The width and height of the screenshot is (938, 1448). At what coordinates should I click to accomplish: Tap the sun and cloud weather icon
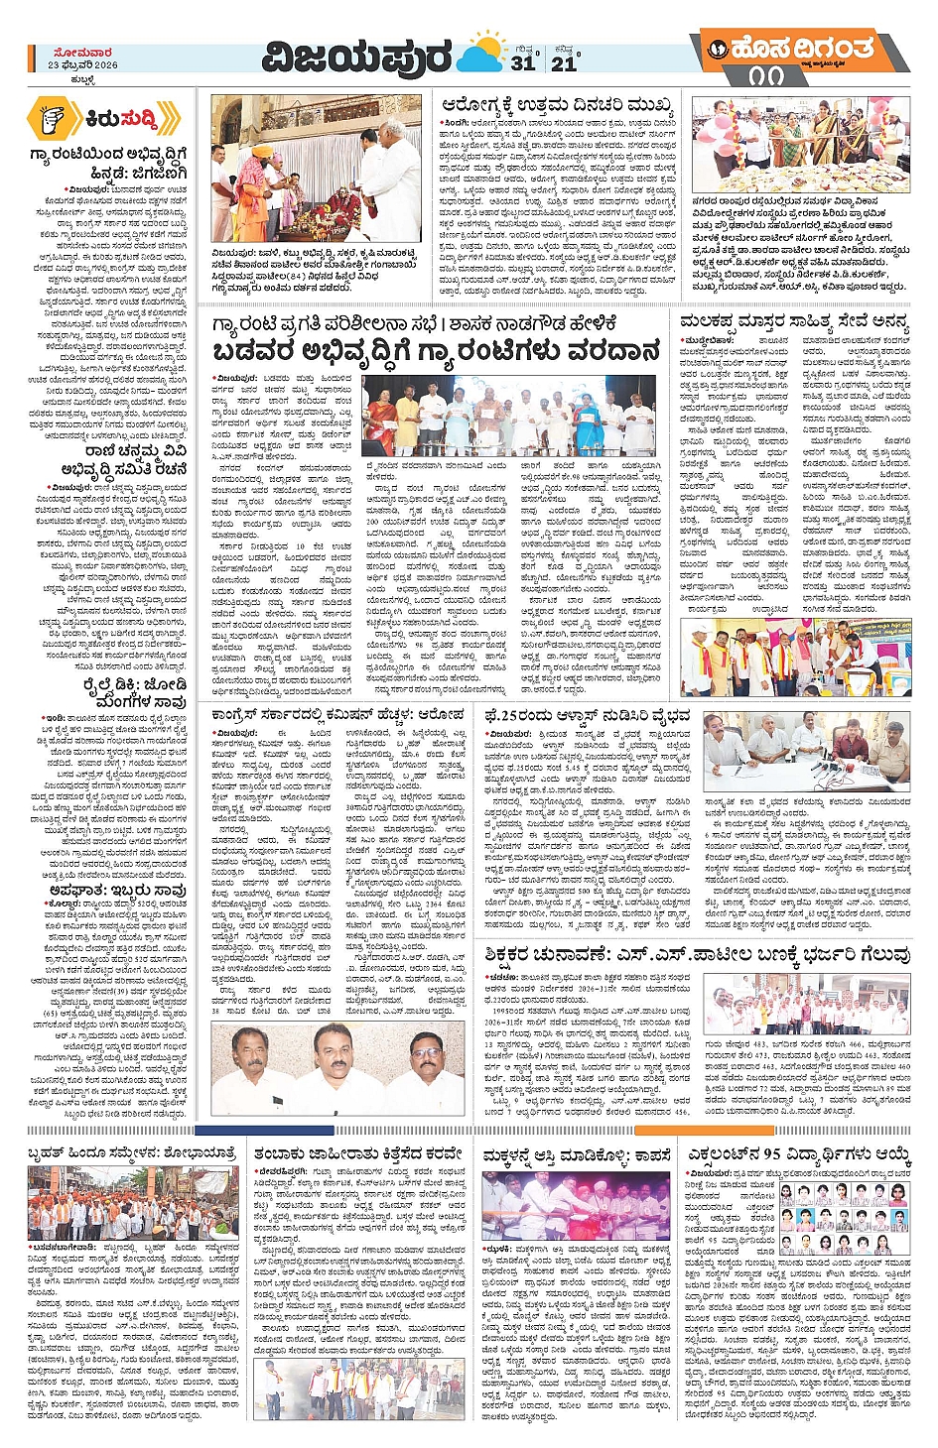point(484,52)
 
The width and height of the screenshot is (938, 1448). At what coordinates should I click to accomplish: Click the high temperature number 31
point(523,63)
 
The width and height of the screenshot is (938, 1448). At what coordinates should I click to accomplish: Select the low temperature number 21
point(564,63)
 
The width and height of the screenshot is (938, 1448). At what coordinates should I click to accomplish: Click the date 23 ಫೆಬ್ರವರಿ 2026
point(82,64)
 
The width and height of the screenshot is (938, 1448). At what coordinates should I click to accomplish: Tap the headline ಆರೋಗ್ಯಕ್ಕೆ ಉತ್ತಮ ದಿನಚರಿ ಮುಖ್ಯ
point(557,106)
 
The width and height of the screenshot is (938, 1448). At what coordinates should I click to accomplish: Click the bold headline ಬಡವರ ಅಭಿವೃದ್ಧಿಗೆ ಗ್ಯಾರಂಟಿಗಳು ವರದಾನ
point(436,352)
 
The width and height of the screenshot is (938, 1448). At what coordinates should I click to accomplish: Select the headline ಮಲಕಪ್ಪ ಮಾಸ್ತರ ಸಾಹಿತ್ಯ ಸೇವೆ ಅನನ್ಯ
point(794,321)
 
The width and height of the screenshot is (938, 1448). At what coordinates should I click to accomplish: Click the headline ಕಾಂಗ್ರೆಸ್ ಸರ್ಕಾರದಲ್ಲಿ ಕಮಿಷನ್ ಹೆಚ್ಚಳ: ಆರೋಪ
point(336,715)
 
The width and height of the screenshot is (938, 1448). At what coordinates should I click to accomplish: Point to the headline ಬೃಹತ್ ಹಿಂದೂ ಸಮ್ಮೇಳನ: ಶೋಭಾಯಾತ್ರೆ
point(133,1153)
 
